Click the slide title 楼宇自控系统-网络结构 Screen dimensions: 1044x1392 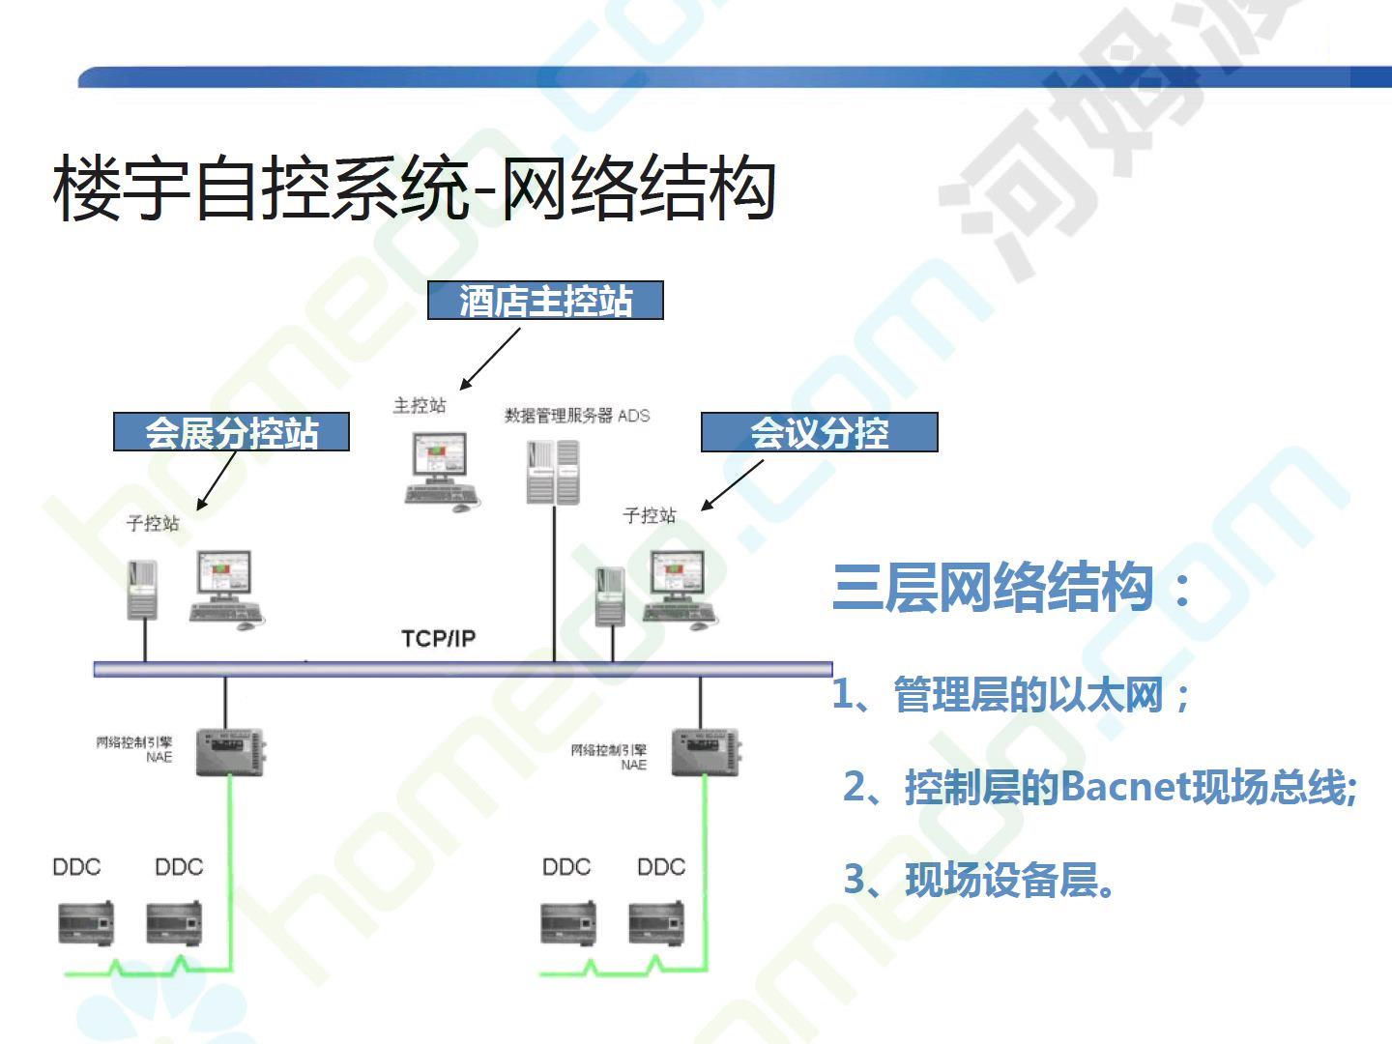(x=414, y=188)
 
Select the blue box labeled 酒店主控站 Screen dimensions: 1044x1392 (x=545, y=301)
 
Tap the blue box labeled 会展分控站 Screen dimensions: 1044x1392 (x=231, y=432)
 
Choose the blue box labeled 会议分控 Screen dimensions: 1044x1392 (x=819, y=432)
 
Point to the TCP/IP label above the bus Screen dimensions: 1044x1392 (x=438, y=639)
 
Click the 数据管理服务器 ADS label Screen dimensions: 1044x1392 (x=576, y=416)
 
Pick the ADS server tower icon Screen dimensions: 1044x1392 (x=553, y=472)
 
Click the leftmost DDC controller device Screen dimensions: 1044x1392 (x=85, y=922)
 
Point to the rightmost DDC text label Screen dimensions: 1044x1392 (x=660, y=867)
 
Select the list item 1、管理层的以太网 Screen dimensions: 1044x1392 (x=1011, y=694)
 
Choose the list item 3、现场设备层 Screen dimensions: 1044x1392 (x=979, y=880)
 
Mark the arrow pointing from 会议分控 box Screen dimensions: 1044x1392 (x=732, y=484)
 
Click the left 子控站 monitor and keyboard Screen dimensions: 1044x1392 (x=226, y=589)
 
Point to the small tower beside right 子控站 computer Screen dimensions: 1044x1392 (x=610, y=594)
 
